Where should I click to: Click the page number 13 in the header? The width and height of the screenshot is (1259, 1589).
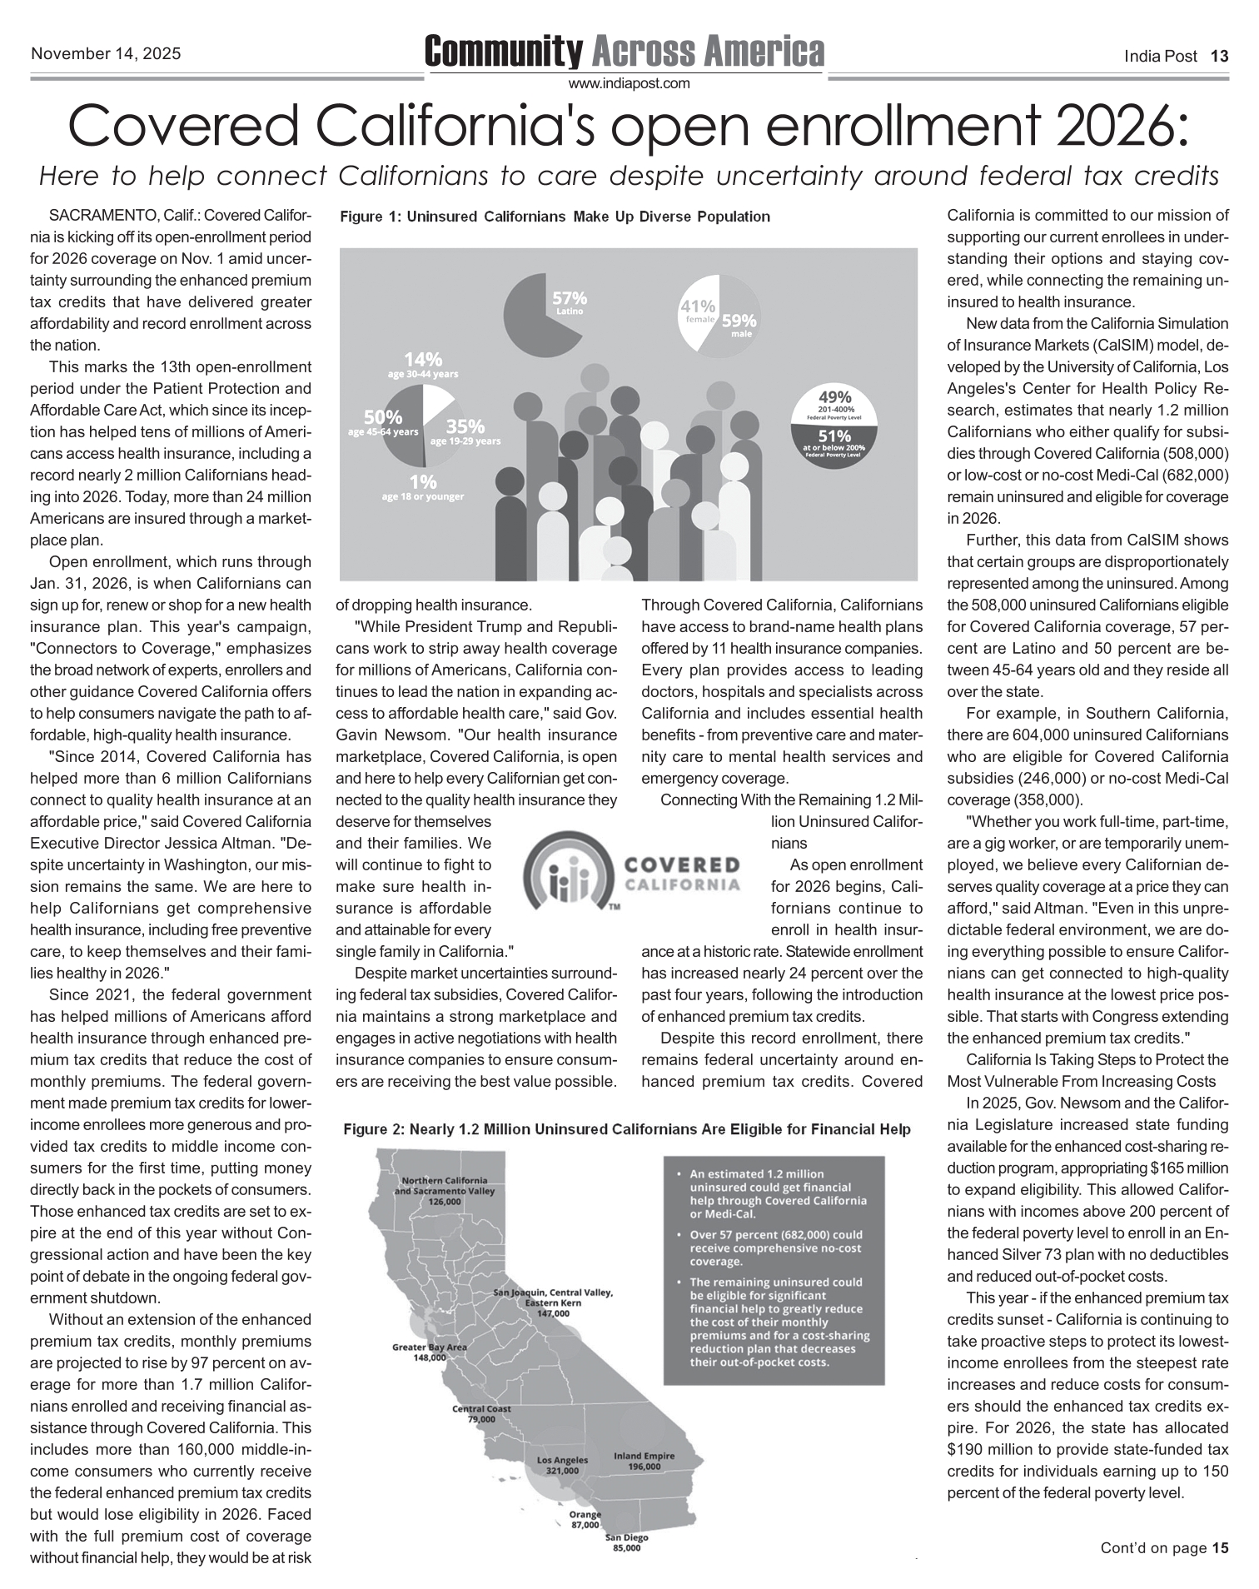pos(1219,57)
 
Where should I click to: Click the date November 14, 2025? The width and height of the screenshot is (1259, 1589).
pos(106,54)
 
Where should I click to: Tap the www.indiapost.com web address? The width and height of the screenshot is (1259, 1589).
pos(629,83)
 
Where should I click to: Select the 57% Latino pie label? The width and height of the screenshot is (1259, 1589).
pos(570,302)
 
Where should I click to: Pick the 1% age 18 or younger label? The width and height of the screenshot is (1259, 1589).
pos(422,487)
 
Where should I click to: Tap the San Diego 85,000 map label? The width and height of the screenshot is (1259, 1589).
pos(626,1542)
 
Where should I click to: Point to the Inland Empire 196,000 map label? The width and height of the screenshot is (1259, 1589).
pos(644,1461)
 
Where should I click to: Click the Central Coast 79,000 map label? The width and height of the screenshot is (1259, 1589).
pos(481,1413)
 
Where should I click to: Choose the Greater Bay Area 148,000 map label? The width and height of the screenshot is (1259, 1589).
pos(430,1351)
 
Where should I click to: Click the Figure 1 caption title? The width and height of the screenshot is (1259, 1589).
pos(555,217)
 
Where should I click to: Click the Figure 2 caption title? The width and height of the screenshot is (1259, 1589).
pos(626,1129)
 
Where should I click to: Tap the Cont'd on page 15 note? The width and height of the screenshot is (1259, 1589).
pos(1164,1548)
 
